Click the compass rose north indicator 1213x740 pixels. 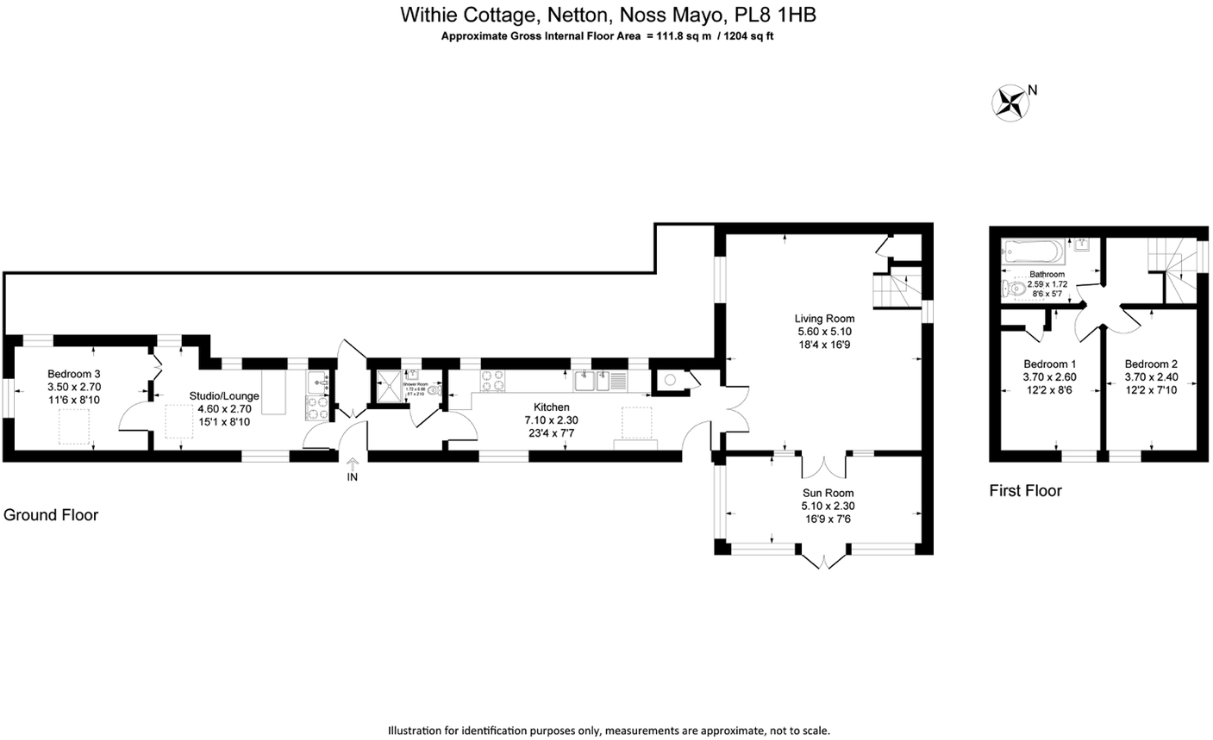[x=1010, y=101]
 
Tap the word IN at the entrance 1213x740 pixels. [x=352, y=476]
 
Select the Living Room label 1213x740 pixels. [x=825, y=318]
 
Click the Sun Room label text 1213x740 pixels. [x=827, y=493]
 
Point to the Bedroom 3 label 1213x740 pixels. [x=74, y=374]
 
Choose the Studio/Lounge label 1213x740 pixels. [x=224, y=396]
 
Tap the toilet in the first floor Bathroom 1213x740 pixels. [x=1012, y=287]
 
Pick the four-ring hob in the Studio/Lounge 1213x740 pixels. [x=316, y=406]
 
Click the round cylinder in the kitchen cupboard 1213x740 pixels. [x=670, y=379]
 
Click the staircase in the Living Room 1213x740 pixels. [x=897, y=288]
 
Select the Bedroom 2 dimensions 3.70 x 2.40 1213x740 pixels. [x=1151, y=376]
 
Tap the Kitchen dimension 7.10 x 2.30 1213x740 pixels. [x=551, y=420]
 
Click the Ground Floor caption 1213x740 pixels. [x=51, y=515]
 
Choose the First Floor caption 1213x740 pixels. [x=1025, y=491]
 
